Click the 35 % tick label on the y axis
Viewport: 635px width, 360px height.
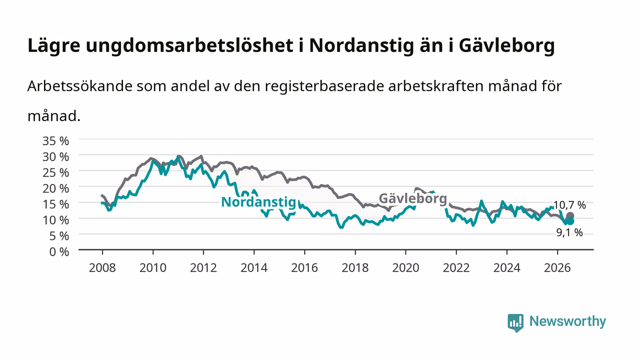click(55, 141)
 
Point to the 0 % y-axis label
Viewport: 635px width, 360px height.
click(59, 252)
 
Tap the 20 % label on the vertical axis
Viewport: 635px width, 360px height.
click(55, 188)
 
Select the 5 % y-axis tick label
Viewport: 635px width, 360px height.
click(59, 236)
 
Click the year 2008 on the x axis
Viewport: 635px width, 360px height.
click(103, 268)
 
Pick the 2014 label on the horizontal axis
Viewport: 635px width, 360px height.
click(254, 268)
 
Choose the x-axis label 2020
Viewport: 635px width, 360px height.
click(405, 268)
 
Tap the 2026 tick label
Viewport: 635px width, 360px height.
click(557, 268)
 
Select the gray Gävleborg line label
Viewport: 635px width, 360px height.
click(413, 199)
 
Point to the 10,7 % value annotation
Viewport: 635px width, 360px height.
click(570, 205)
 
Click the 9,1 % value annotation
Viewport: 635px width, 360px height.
click(570, 233)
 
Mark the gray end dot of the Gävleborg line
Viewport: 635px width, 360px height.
click(570, 216)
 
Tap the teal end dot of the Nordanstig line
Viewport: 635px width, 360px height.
click(570, 221)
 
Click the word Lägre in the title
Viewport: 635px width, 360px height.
click(54, 46)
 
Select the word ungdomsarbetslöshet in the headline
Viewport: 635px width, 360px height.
click(190, 45)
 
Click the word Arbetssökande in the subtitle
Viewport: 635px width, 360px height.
click(80, 86)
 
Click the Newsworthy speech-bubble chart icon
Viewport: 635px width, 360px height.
click(515, 322)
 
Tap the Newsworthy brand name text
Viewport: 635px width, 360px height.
click(568, 321)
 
